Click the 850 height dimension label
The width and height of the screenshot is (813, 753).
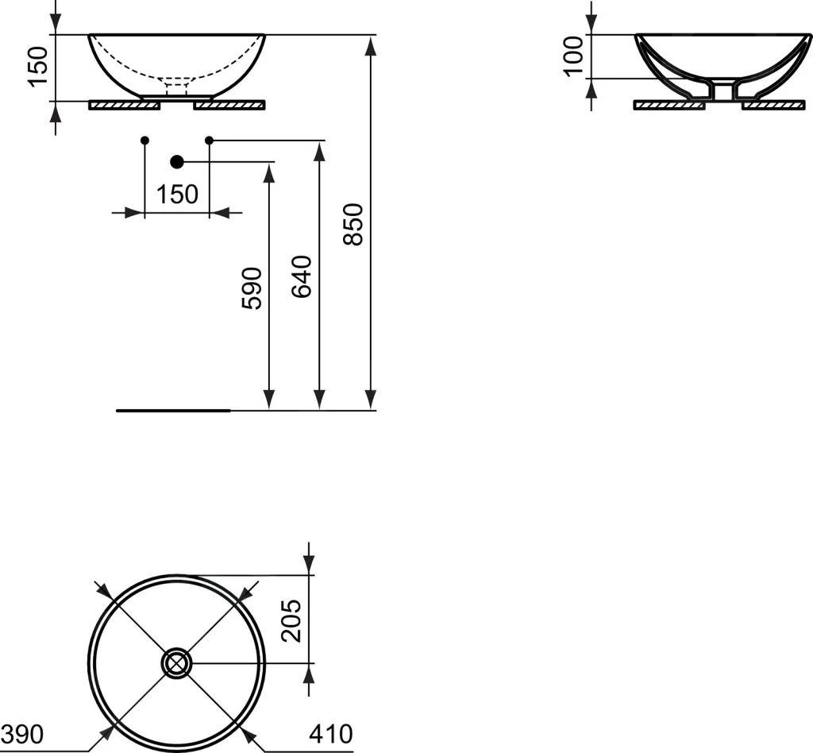[353, 224]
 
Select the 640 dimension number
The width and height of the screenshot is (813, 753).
[302, 276]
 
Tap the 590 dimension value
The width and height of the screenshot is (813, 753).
[252, 288]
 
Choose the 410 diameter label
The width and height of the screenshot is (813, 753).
[331, 734]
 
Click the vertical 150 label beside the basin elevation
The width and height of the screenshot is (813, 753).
[38, 67]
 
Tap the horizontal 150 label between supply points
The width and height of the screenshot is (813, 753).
[177, 195]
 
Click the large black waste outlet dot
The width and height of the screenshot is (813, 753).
[177, 162]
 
